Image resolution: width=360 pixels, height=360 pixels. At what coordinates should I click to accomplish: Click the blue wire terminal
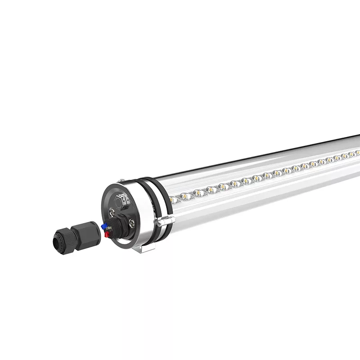click(104, 225)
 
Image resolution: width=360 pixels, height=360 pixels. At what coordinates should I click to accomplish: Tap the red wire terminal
click(107, 234)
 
